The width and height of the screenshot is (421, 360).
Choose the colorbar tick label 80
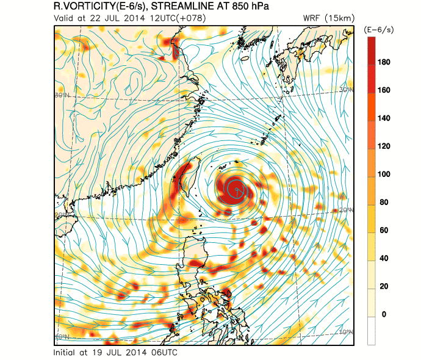tap(387, 203)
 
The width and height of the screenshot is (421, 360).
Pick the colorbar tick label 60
tap(387, 231)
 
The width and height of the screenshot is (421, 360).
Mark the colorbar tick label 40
tap(387, 259)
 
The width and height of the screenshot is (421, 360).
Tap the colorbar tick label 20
tap(387, 286)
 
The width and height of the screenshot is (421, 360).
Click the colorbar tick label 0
tap(385, 314)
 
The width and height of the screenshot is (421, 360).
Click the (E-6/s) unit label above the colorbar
tap(378, 29)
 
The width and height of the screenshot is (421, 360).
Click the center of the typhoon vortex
tap(236, 189)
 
